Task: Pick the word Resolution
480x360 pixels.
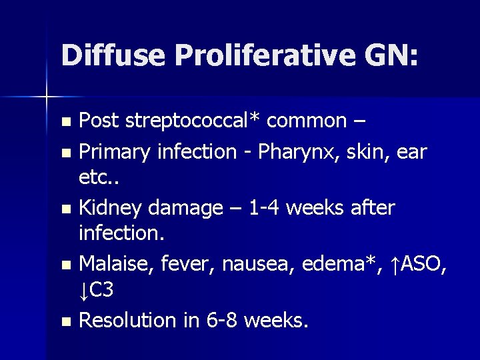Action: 127,320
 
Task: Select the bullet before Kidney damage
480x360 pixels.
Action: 65,209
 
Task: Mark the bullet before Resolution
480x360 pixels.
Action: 65,321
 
